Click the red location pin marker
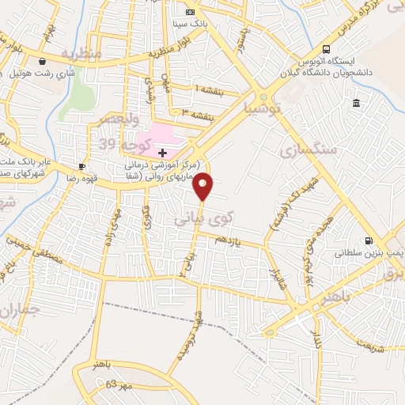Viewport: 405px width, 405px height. click(x=204, y=185)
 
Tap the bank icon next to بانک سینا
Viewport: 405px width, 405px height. click(x=190, y=13)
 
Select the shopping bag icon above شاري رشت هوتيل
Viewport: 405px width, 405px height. click(x=42, y=61)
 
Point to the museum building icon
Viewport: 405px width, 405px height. click(x=357, y=104)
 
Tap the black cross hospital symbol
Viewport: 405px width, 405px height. click(x=163, y=151)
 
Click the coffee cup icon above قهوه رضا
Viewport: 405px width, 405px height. click(x=81, y=166)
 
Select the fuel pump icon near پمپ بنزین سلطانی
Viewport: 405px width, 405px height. click(x=368, y=240)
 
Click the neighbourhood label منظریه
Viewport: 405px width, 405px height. click(x=82, y=55)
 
